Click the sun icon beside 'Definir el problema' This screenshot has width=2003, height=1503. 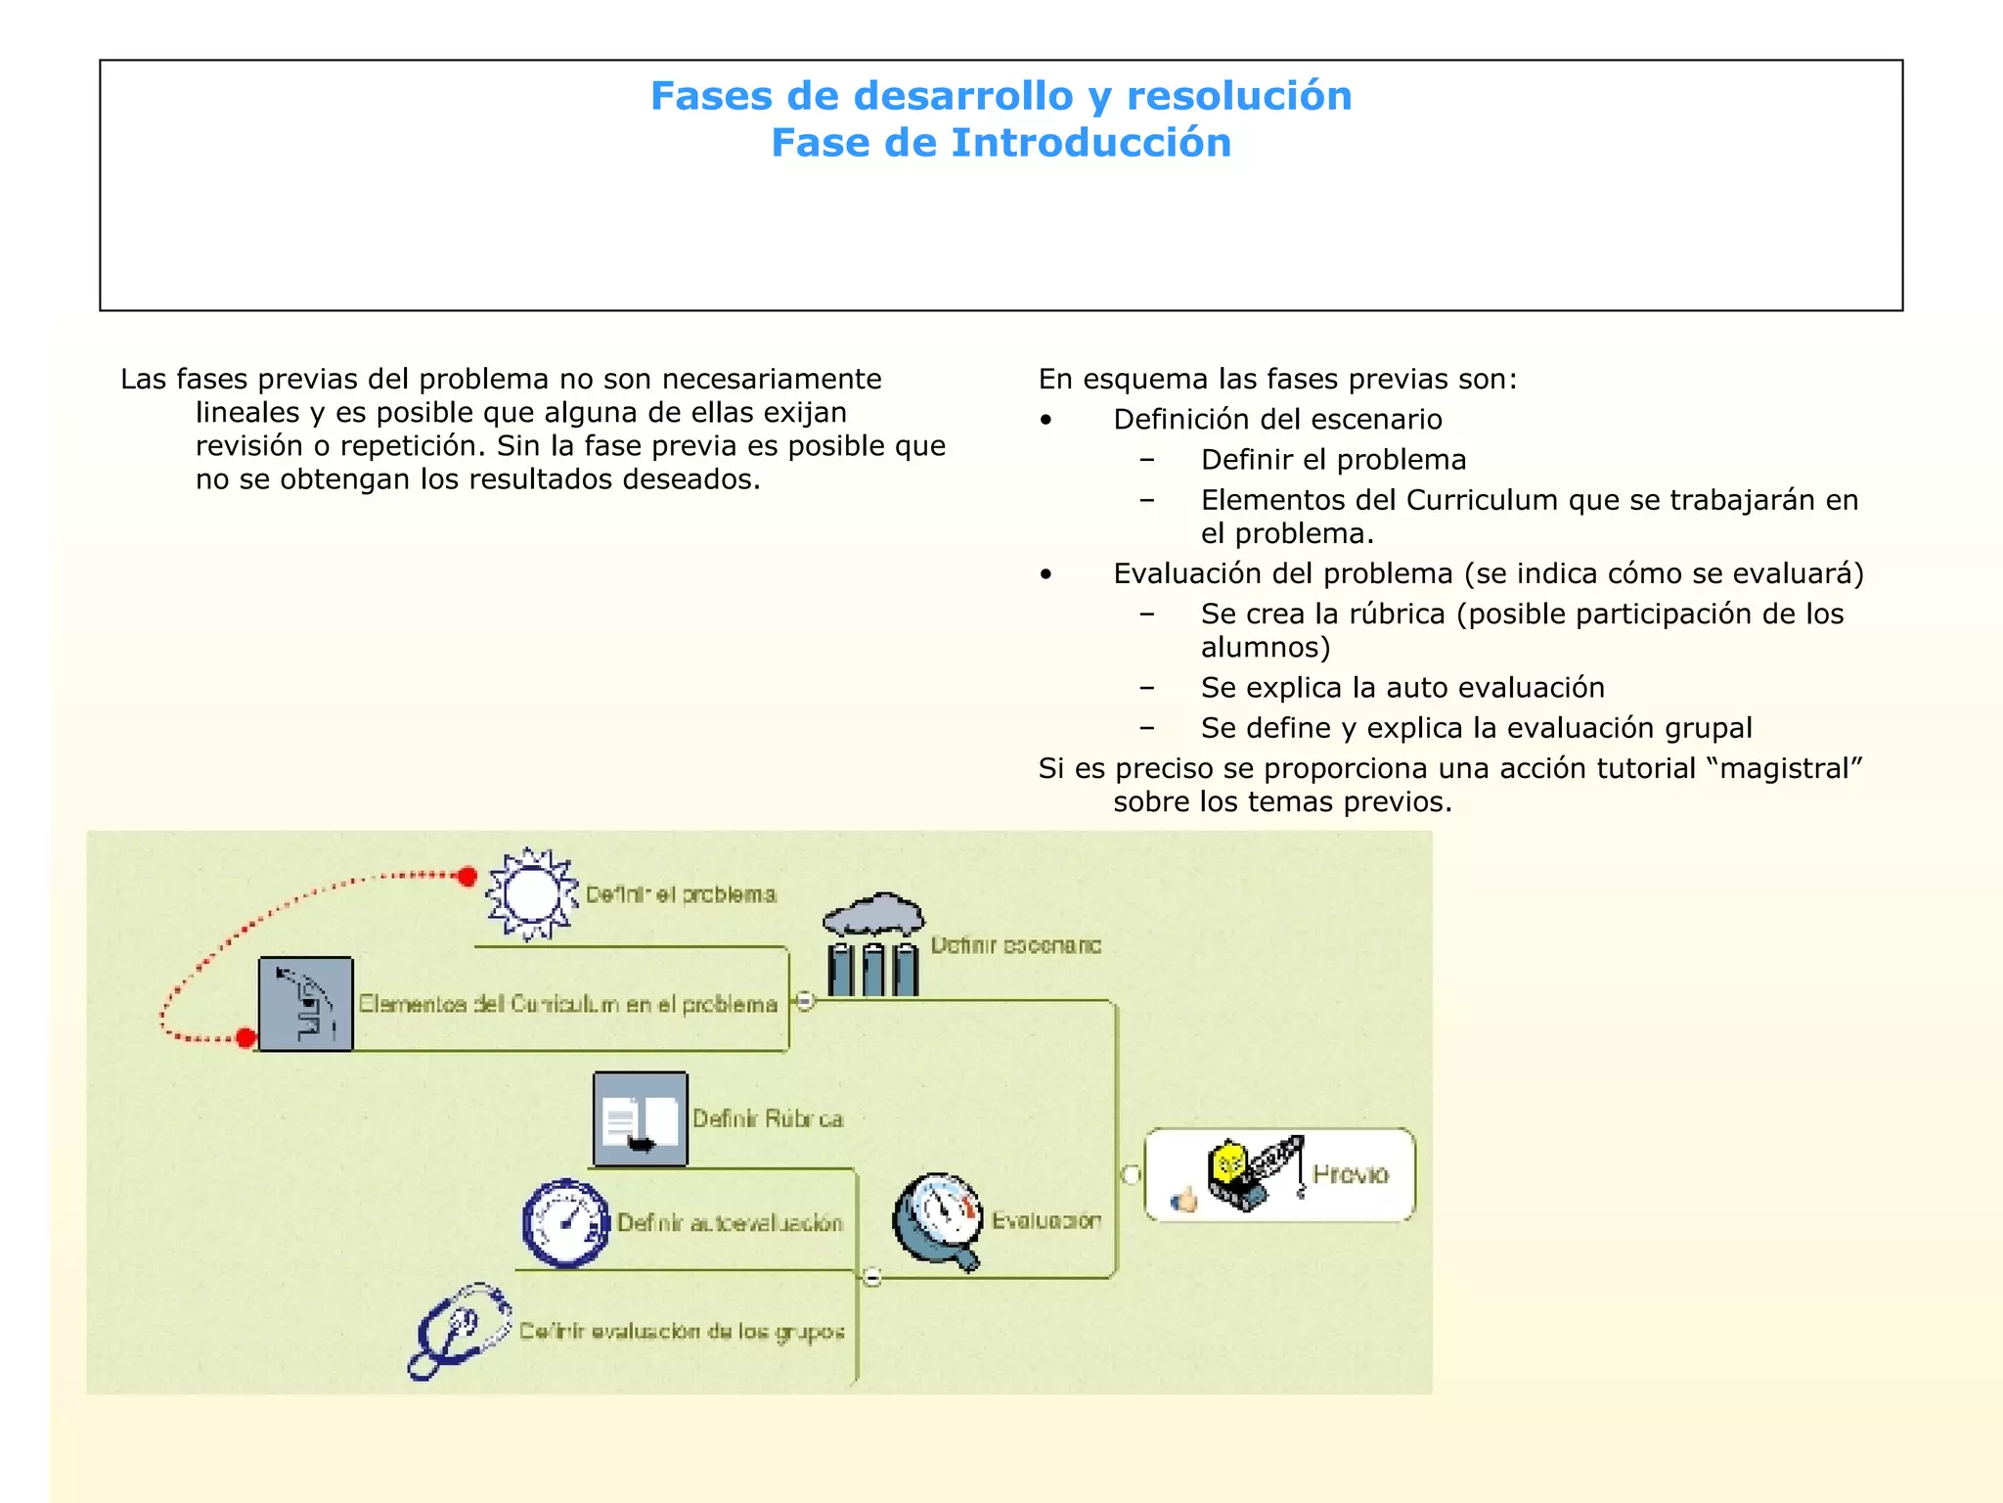point(531,894)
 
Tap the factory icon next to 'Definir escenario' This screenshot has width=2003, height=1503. point(873,946)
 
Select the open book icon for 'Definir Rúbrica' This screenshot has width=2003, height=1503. point(641,1119)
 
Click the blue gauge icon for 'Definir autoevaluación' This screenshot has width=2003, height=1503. point(565,1223)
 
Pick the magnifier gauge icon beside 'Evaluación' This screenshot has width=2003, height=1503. point(938,1221)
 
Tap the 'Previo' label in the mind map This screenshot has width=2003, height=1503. point(1350,1174)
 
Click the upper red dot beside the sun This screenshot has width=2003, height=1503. point(467,876)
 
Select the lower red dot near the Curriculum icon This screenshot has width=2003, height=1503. point(246,1037)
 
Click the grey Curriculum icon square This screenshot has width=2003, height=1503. point(305,1004)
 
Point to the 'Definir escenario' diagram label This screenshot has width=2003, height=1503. point(1015,945)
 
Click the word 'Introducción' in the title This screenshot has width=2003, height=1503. point(1091,143)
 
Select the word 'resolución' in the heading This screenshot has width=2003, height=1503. point(1239,96)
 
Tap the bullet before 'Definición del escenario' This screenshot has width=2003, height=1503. point(1046,420)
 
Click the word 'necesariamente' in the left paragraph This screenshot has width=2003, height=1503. point(772,379)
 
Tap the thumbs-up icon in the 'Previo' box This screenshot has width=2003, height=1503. point(1184,1200)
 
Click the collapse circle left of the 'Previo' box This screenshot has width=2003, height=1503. point(1131,1174)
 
